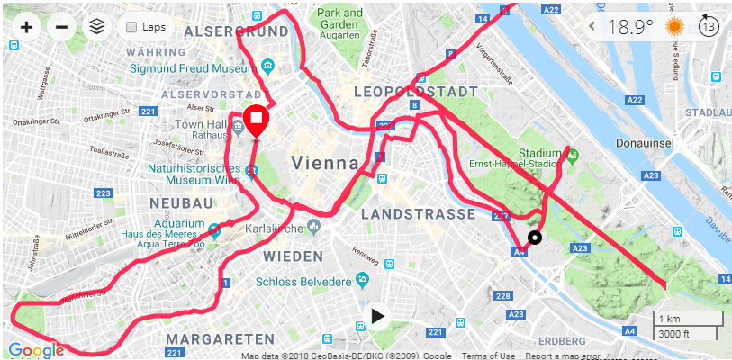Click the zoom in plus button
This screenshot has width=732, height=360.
coord(26,27)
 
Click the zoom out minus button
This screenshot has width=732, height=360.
coord(61,27)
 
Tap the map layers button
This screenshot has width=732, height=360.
coord(96,27)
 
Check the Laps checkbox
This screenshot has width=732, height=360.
coord(132,27)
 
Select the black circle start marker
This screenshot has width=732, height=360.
coord(535,238)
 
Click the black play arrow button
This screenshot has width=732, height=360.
coord(378,316)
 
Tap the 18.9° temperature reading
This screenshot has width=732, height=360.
coord(630,27)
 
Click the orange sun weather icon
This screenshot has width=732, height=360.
coord(674,27)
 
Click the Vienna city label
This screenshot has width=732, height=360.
coord(319,163)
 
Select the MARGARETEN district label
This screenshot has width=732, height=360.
coord(220,339)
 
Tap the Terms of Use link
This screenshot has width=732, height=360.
coord(487,356)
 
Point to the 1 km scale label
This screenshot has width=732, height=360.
coord(669,319)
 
